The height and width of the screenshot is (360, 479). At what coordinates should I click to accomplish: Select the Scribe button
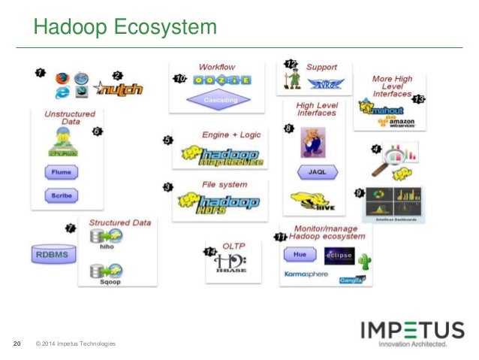point(62,195)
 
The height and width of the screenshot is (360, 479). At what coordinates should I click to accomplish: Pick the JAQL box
point(316,171)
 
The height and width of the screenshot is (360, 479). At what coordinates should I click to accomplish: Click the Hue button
point(299,255)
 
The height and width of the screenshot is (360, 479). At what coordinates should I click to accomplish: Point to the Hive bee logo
point(312,201)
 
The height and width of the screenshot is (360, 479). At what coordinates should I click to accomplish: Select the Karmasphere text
point(308,275)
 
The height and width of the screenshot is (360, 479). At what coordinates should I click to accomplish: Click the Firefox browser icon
point(63,77)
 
